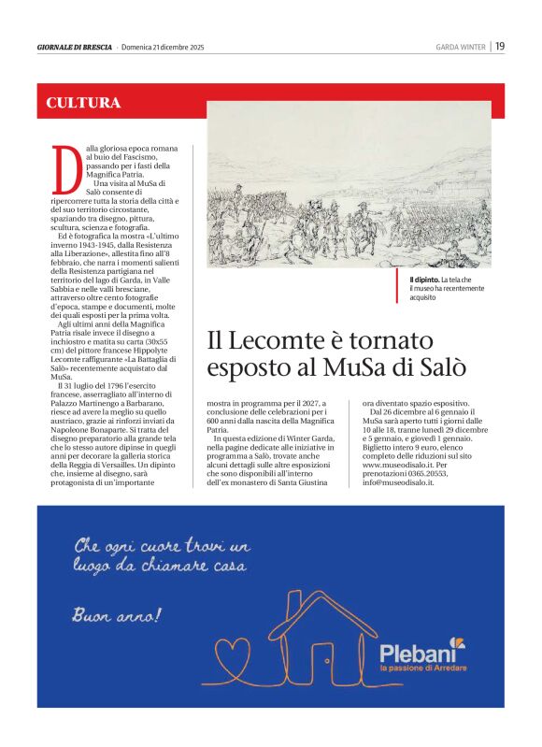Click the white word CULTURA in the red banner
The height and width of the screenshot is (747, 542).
point(84,103)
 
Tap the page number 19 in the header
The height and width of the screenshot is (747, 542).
point(500,46)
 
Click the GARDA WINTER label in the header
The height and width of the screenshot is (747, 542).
point(461,47)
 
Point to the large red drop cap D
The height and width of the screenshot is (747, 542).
point(64,170)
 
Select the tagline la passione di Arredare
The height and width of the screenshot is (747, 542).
point(422,668)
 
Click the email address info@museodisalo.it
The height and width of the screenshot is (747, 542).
point(399,482)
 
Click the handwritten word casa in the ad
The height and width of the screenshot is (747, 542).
point(226,567)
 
